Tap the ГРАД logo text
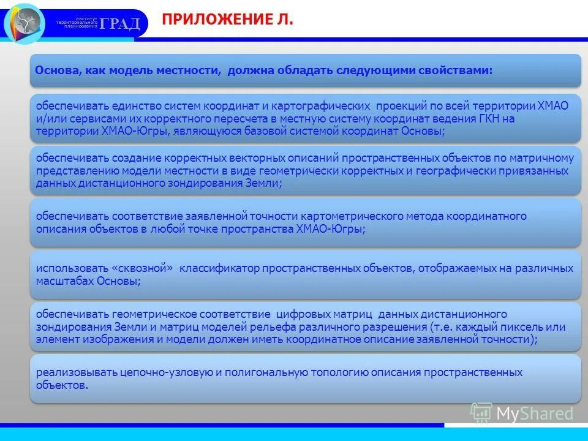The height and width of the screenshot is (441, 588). [121, 24]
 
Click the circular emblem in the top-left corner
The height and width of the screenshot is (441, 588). [24, 23]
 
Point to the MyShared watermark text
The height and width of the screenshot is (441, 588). [535, 413]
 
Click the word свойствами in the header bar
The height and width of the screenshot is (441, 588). [458, 70]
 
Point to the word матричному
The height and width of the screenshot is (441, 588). [546, 158]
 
